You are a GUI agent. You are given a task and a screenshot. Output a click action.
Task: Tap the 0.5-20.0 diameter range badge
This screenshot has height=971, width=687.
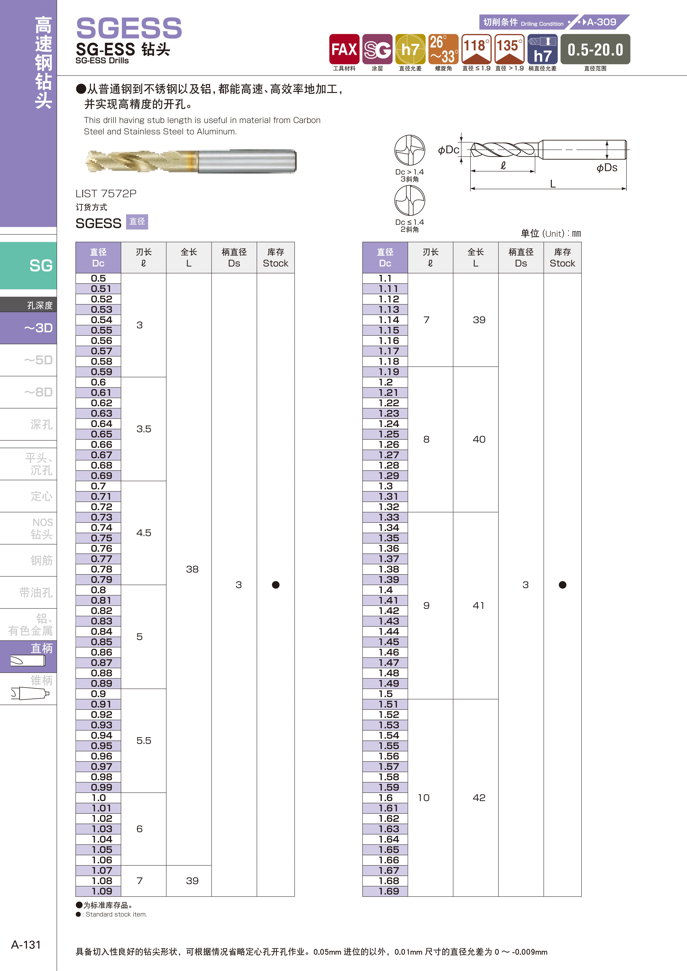[595, 49]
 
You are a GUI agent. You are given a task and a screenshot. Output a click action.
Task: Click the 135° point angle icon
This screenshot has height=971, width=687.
[509, 49]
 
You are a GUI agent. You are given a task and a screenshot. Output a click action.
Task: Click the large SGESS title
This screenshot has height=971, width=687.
[129, 28]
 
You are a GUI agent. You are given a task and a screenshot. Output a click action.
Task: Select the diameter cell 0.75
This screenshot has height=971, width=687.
[101, 538]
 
